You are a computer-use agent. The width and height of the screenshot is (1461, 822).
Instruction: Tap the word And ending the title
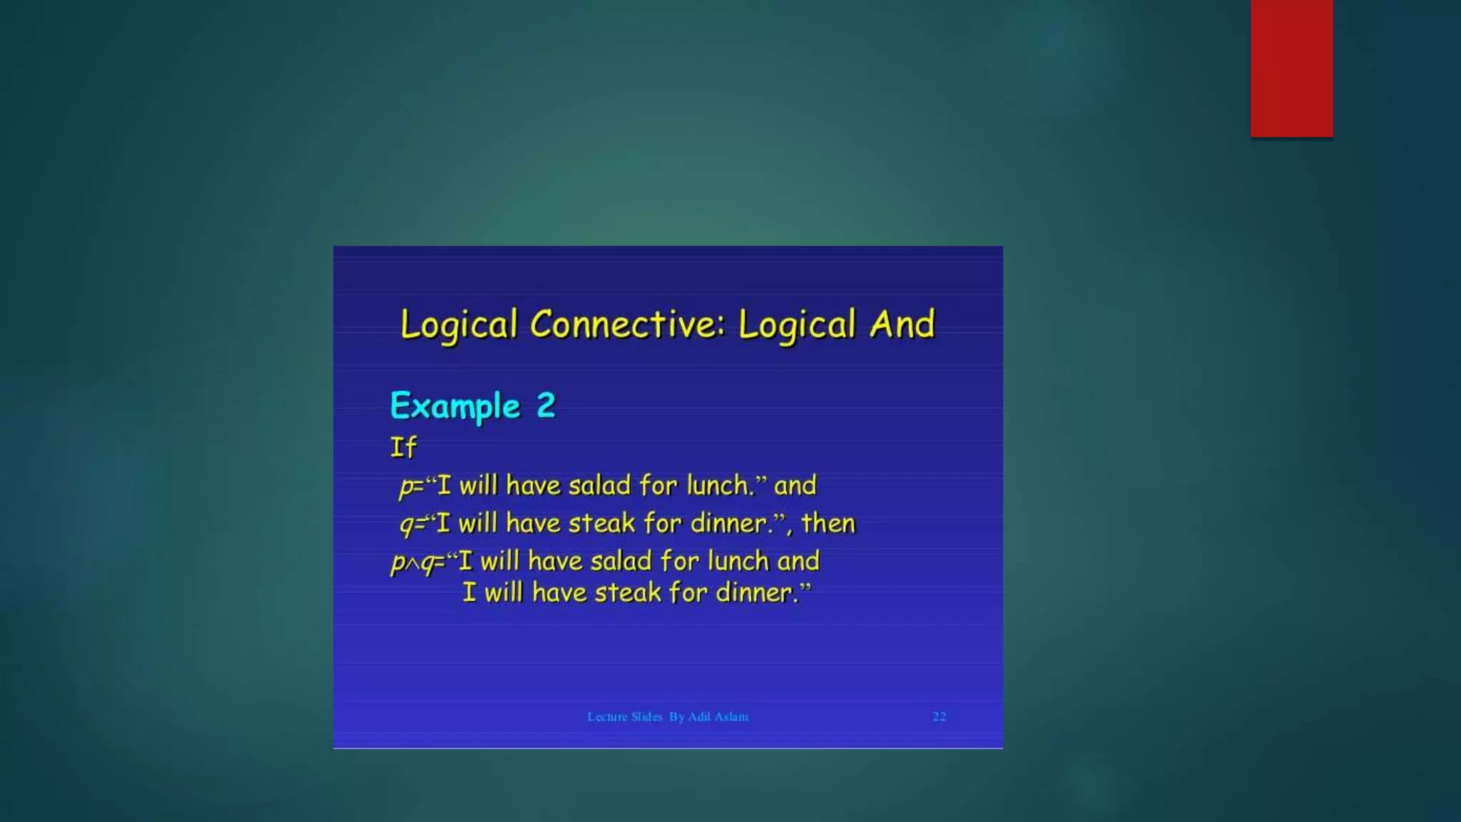click(x=902, y=325)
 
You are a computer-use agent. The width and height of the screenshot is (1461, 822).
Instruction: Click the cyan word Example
click(x=455, y=406)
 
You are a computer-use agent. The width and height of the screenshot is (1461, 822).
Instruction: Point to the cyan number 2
click(x=546, y=405)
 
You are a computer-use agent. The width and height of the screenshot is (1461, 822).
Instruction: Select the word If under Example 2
click(x=403, y=447)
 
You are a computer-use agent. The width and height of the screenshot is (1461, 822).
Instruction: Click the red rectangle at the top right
click(x=1291, y=68)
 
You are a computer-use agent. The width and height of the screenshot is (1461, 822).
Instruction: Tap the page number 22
click(x=939, y=716)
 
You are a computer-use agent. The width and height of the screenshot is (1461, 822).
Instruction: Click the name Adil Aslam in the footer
click(x=718, y=716)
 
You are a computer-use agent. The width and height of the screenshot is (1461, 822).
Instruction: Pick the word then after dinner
click(x=828, y=523)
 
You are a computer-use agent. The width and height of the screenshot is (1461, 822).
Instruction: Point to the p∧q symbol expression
click(x=414, y=563)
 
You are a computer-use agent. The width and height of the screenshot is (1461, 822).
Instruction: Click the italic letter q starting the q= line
click(x=406, y=525)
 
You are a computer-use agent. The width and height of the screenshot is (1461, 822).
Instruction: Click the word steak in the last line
click(x=627, y=592)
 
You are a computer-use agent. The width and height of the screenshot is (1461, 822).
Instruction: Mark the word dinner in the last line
click(x=755, y=592)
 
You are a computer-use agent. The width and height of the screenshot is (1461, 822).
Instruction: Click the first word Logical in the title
click(x=458, y=325)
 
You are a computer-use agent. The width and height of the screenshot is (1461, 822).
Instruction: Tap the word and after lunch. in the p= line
click(x=795, y=485)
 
